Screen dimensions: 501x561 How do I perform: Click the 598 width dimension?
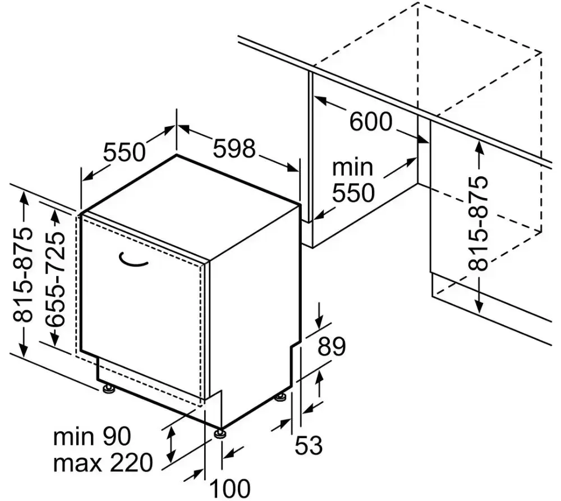234,149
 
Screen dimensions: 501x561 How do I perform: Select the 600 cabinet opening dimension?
370,121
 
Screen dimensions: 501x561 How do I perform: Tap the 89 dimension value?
332,347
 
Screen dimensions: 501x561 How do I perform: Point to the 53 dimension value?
309,445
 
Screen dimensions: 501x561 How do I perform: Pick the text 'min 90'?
92,436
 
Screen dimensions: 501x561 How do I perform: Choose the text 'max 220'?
103,463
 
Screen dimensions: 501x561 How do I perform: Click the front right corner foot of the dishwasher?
220,433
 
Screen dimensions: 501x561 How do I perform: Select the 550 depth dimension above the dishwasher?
125,151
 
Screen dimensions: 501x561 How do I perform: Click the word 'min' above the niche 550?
352,167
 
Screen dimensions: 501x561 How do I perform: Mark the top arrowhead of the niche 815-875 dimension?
479,145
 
